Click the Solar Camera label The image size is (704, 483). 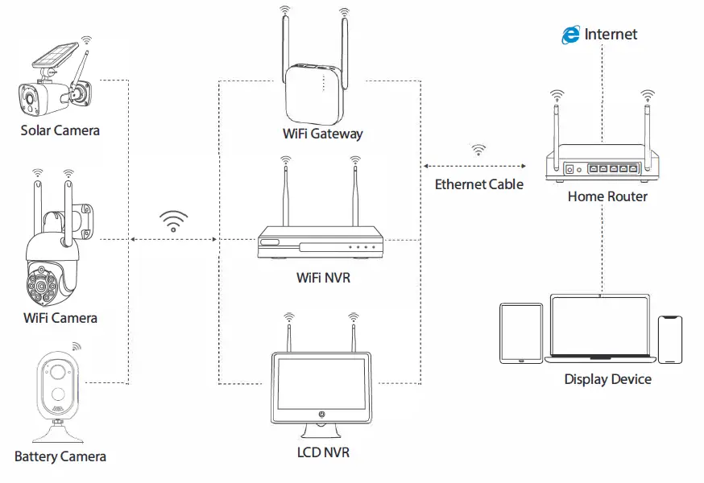click(x=60, y=130)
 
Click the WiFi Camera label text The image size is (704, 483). click(x=60, y=318)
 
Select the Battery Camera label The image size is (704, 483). click(x=60, y=456)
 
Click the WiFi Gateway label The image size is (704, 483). click(x=322, y=134)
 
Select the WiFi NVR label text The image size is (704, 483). click(x=323, y=279)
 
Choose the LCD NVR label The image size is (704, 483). click(x=323, y=452)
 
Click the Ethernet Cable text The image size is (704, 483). click(x=478, y=184)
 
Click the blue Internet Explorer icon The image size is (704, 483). click(x=571, y=34)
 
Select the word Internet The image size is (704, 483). click(x=611, y=34)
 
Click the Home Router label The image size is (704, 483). click(x=607, y=196)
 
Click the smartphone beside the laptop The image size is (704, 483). click(x=670, y=339)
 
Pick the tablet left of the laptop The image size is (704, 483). click(x=521, y=332)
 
